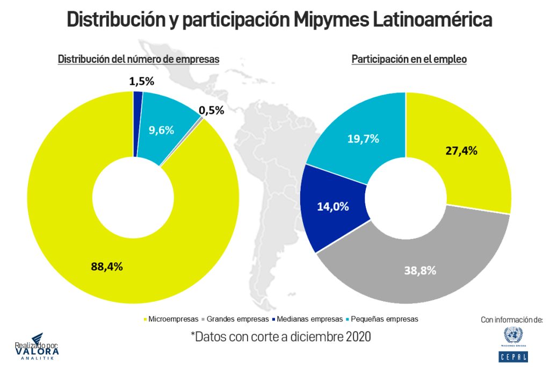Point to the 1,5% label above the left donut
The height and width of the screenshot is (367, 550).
(x=142, y=82)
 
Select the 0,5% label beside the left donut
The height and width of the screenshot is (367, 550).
(x=212, y=110)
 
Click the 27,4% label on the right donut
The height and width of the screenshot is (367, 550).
(x=461, y=150)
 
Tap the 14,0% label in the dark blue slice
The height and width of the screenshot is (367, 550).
(x=333, y=206)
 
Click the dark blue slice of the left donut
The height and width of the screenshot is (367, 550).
(x=138, y=124)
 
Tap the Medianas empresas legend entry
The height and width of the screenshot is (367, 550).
(x=308, y=319)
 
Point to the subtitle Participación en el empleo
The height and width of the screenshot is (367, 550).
(x=409, y=60)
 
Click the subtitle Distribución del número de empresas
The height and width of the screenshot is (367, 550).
(x=139, y=60)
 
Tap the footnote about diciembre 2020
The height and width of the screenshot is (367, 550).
(x=280, y=337)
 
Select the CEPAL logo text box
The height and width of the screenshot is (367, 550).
(x=512, y=356)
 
